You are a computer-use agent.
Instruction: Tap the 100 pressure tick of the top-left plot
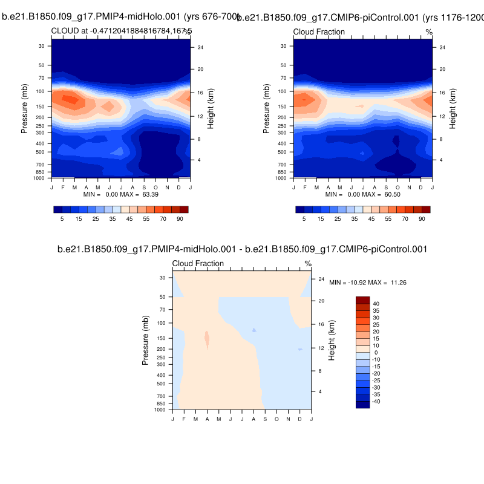tap(42, 91)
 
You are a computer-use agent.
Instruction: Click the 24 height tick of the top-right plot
tap(442, 48)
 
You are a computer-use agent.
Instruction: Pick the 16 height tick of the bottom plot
tap(321, 325)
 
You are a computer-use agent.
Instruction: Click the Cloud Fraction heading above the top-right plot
tap(319, 31)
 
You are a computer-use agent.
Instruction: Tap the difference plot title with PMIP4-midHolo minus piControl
tap(242, 249)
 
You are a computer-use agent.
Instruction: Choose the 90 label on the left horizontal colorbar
tap(180, 218)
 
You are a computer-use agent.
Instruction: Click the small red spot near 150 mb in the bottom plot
tap(207, 339)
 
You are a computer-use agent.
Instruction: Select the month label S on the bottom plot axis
tap(265, 419)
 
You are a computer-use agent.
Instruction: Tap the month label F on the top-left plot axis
tap(63, 188)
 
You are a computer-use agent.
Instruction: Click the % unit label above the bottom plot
tap(308, 263)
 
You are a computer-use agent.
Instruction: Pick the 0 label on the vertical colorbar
tap(376, 353)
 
